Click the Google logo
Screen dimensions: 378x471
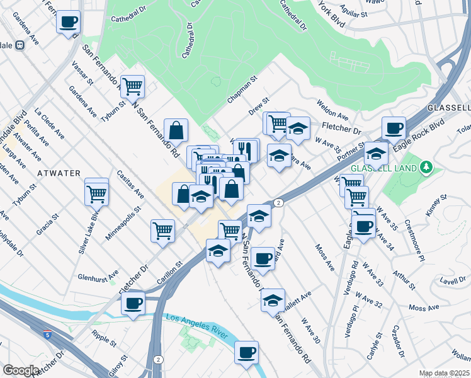point(21,370)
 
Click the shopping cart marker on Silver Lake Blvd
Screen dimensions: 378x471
point(96,193)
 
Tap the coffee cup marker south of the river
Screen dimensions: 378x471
point(247,352)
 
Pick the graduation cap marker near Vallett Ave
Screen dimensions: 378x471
point(273,299)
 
